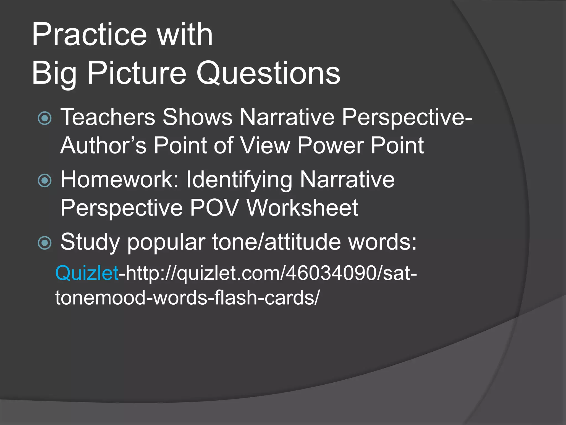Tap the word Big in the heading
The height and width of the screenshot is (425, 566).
click(54, 74)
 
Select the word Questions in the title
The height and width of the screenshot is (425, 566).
click(268, 73)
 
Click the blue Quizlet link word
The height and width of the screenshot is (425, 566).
click(87, 273)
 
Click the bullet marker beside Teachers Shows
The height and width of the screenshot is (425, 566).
click(45, 118)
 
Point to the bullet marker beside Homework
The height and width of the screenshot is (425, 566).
click(45, 181)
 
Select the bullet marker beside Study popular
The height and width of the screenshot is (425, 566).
click(45, 243)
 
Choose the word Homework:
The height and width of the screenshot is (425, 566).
click(119, 180)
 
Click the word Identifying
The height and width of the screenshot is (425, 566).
click(239, 180)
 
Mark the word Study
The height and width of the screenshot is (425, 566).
click(90, 242)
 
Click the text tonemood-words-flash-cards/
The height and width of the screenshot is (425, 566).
click(187, 298)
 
